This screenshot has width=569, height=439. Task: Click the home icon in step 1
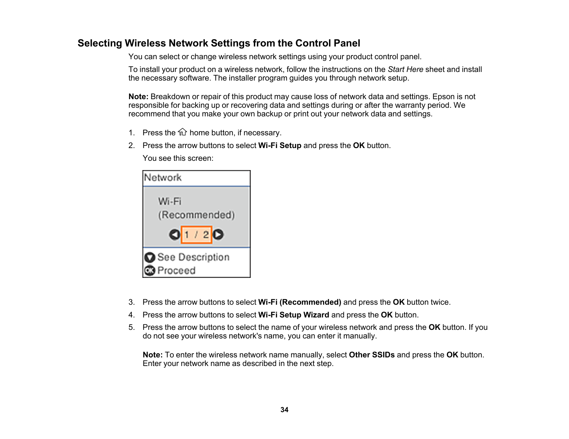[x=182, y=132]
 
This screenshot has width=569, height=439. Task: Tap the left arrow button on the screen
[x=174, y=235]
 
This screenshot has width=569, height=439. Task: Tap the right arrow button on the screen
[x=218, y=235]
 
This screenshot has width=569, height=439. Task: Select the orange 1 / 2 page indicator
[x=196, y=235]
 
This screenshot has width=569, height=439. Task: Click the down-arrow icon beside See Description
[x=150, y=258]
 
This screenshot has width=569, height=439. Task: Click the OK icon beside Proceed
[x=150, y=271]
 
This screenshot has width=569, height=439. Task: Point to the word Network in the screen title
[x=163, y=178]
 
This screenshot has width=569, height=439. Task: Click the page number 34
[x=284, y=410]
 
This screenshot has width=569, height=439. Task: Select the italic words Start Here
[x=405, y=70]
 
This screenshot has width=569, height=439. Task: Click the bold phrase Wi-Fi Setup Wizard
[x=293, y=315]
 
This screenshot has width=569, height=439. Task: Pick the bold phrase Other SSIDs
[x=372, y=355]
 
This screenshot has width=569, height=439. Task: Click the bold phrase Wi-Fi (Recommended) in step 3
[x=299, y=302]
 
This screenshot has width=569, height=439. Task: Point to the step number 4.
[x=131, y=315]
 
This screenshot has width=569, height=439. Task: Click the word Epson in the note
[x=443, y=97]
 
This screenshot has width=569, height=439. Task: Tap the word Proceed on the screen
[x=176, y=271]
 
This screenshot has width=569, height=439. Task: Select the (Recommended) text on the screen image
[x=196, y=215]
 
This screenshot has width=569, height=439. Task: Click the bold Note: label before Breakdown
[x=138, y=97]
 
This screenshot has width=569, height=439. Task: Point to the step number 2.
[x=131, y=146]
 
